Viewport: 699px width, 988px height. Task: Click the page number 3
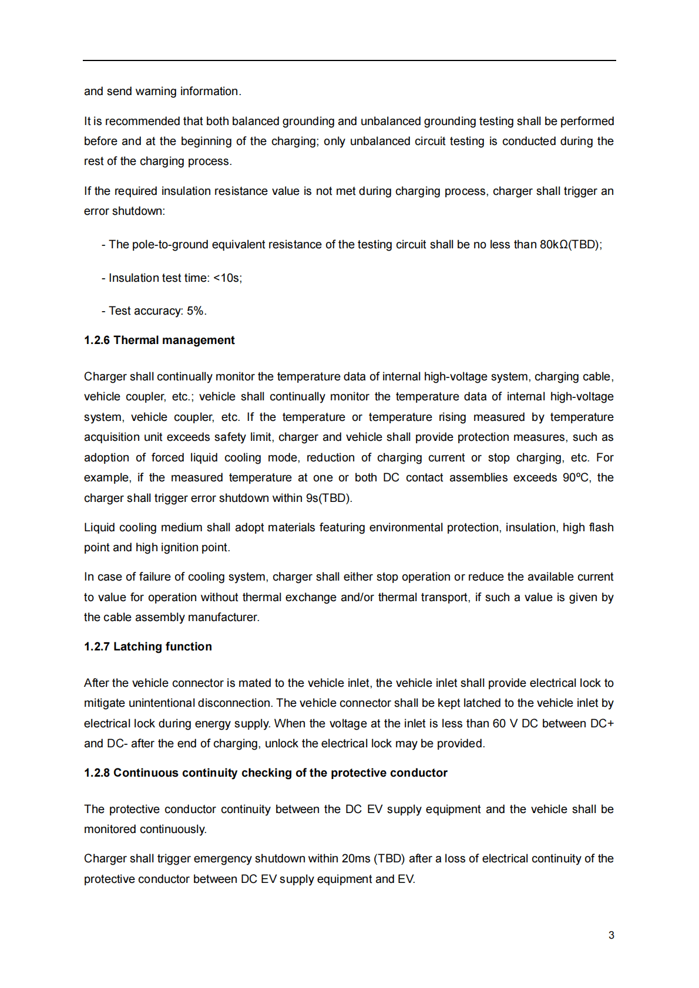tap(611, 935)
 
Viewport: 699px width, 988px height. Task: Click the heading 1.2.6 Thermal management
tap(159, 340)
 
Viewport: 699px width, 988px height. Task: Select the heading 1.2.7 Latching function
tap(148, 647)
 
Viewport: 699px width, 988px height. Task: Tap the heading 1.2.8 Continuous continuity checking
tap(266, 773)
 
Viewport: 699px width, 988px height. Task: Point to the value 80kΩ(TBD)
tap(570, 245)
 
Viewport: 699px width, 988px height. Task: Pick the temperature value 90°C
tap(576, 478)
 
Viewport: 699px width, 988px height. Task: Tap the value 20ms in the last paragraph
tap(356, 859)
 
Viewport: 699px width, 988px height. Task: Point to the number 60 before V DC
tap(499, 724)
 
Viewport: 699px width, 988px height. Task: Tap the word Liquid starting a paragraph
tap(99, 528)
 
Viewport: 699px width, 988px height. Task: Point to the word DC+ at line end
tap(601, 724)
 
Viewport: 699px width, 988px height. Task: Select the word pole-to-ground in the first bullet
tap(170, 245)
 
